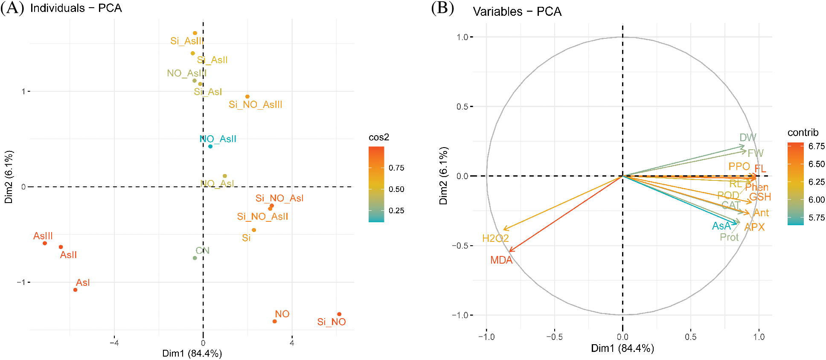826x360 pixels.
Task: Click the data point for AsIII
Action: (x=45, y=243)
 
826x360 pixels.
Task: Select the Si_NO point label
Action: (x=332, y=322)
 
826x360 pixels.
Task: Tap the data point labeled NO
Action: (x=275, y=321)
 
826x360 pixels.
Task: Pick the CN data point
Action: (x=195, y=258)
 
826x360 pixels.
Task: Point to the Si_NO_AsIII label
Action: (x=256, y=105)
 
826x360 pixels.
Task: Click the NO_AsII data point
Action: (x=210, y=146)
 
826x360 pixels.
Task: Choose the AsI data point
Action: (x=76, y=290)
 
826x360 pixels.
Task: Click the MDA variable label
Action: (x=501, y=260)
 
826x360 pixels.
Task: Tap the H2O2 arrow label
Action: (x=495, y=238)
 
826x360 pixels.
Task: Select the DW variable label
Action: (x=747, y=137)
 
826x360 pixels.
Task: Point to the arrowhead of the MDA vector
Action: (x=510, y=251)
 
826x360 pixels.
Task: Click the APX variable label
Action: (x=754, y=227)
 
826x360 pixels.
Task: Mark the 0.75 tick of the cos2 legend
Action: (x=396, y=168)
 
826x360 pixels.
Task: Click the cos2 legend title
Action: (x=379, y=137)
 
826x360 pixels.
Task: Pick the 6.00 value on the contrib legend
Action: (x=817, y=200)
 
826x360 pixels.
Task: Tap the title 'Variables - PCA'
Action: (x=517, y=12)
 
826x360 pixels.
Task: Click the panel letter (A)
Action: (x=12, y=8)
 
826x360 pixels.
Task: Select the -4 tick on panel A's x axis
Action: (x=114, y=343)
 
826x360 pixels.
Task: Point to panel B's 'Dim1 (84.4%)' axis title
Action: (x=622, y=348)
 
